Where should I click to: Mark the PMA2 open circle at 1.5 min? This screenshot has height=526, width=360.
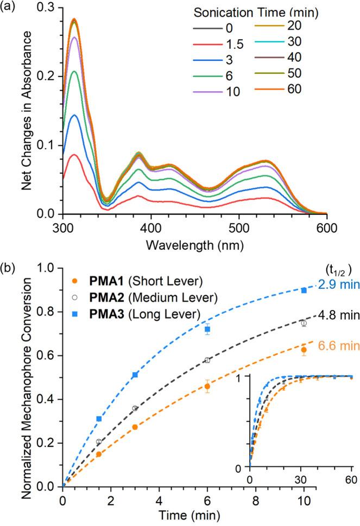[99, 442]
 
